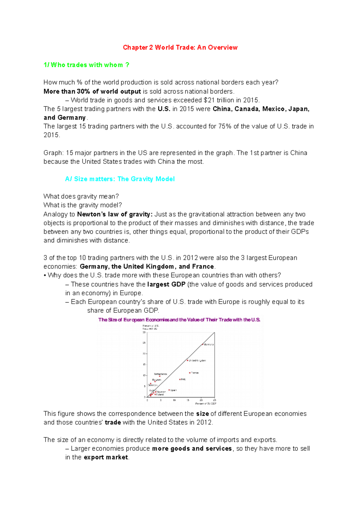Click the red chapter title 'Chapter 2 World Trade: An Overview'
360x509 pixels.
click(x=180, y=47)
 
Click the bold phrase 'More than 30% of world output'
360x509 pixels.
click(x=92, y=91)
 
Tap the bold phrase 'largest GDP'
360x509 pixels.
click(x=166, y=284)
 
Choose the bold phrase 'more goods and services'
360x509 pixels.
click(x=192, y=448)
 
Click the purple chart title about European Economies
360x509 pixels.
click(x=179, y=320)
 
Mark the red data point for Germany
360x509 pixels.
click(x=202, y=344)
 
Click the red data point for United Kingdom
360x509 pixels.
click(x=187, y=360)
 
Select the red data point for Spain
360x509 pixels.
click(x=169, y=390)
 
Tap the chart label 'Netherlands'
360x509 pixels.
click(x=160, y=374)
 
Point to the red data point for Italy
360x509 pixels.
click(x=180, y=380)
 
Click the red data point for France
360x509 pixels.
click(x=190, y=373)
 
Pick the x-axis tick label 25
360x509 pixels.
click(x=214, y=400)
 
